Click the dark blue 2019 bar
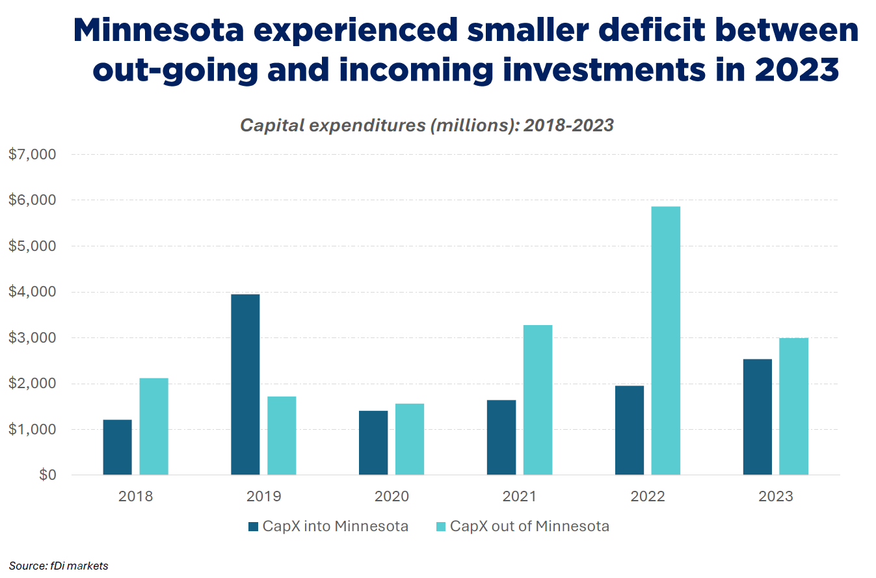point(245,384)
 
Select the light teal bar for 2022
point(666,341)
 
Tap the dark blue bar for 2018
point(117,447)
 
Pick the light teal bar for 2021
point(538,400)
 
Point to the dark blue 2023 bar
point(758,417)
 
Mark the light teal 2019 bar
point(282,436)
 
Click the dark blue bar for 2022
point(630,430)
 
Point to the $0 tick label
point(46,475)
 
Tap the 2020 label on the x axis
point(392,497)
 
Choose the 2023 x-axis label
point(776,497)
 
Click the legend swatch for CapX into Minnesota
point(254,527)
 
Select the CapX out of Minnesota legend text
point(529,527)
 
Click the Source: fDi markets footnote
point(58,566)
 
